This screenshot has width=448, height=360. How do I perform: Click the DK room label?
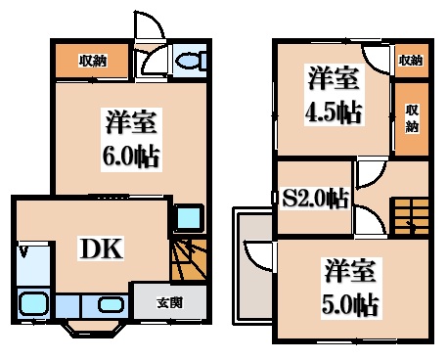(x=102, y=249)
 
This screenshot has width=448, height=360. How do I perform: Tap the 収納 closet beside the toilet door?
(x=93, y=62)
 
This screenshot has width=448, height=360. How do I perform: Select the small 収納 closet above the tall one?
(x=411, y=61)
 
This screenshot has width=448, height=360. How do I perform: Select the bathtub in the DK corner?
(x=33, y=305)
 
